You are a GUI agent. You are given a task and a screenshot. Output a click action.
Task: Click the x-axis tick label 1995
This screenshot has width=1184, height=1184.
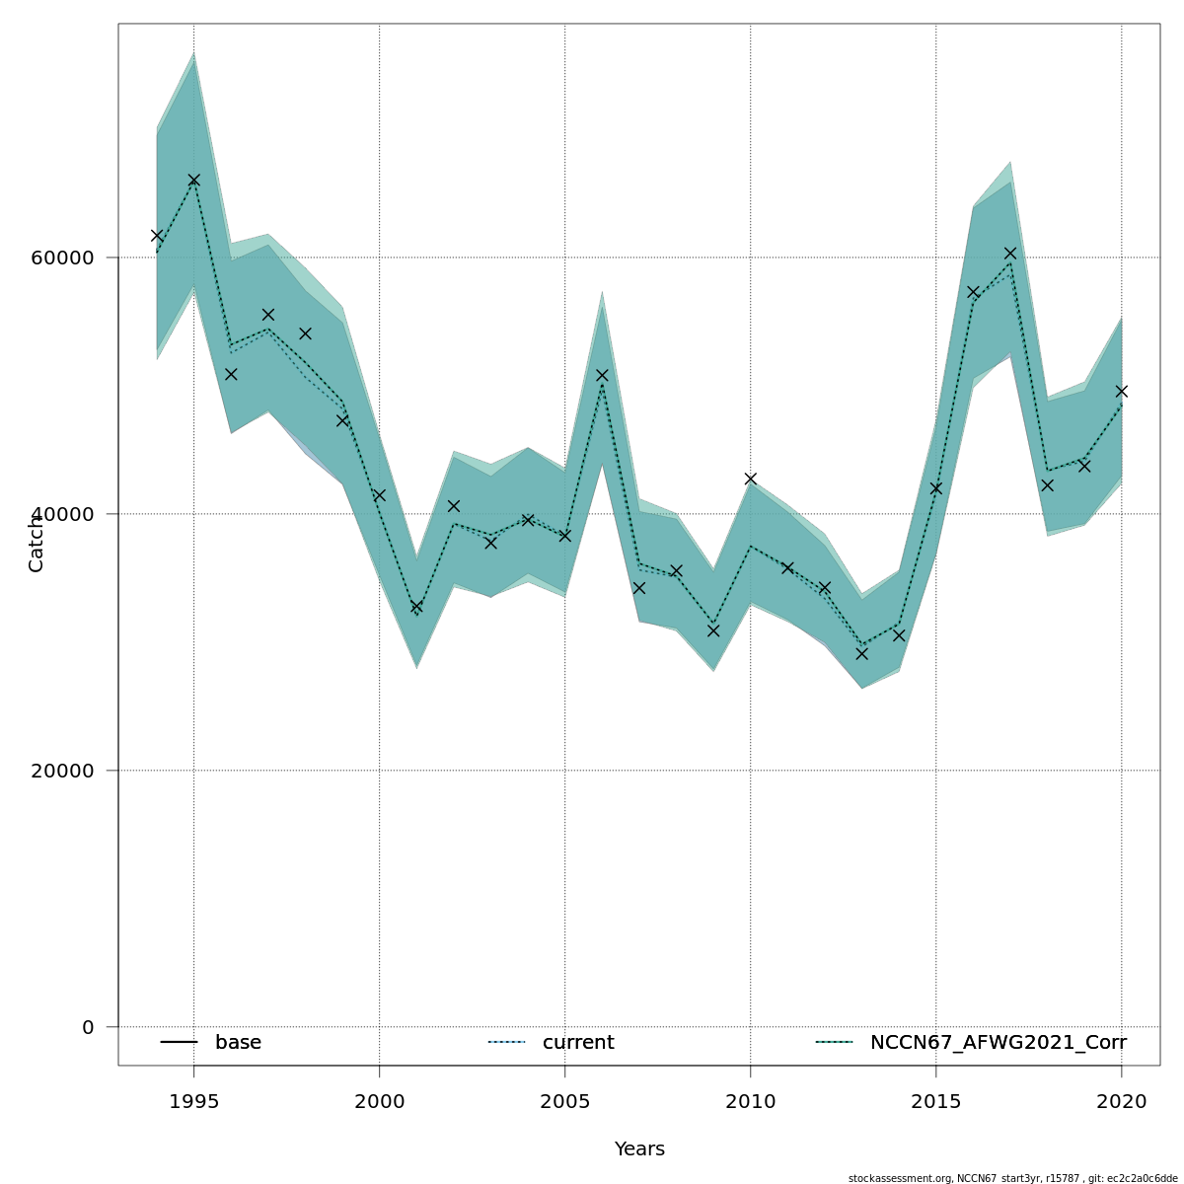pos(193,1102)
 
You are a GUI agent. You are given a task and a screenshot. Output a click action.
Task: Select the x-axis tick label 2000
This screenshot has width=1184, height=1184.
pos(379,1102)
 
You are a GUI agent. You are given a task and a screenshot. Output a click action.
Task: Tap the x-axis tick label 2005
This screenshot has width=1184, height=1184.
pos(564,1102)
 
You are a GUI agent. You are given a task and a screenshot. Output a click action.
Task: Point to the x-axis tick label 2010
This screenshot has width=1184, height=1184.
pos(750,1102)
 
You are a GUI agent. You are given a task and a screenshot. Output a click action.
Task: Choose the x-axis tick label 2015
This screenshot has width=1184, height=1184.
pos(935,1102)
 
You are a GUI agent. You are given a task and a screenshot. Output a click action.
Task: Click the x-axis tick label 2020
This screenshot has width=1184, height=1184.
pos(1121,1102)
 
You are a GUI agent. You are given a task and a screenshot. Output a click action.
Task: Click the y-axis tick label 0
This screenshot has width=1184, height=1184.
pos(88,1027)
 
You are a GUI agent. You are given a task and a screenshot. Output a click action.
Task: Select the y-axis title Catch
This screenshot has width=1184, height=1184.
pos(37,543)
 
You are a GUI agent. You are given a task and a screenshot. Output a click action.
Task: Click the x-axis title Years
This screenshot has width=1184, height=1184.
pos(639,1149)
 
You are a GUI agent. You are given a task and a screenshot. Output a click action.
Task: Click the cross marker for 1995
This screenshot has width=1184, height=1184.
pos(193,180)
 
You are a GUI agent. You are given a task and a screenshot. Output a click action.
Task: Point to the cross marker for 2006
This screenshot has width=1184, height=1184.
pos(602,375)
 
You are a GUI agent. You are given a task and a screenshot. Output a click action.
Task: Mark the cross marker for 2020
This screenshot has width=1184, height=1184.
pos(1121,391)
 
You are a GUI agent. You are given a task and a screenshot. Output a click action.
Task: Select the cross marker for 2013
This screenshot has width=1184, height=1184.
pos(861,653)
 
